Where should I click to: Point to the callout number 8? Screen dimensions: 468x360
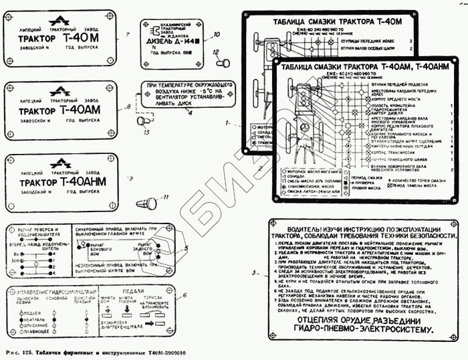pos(128,106)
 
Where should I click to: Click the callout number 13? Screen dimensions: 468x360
pos(147,132)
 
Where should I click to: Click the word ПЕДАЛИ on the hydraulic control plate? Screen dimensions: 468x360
pos(132,292)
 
